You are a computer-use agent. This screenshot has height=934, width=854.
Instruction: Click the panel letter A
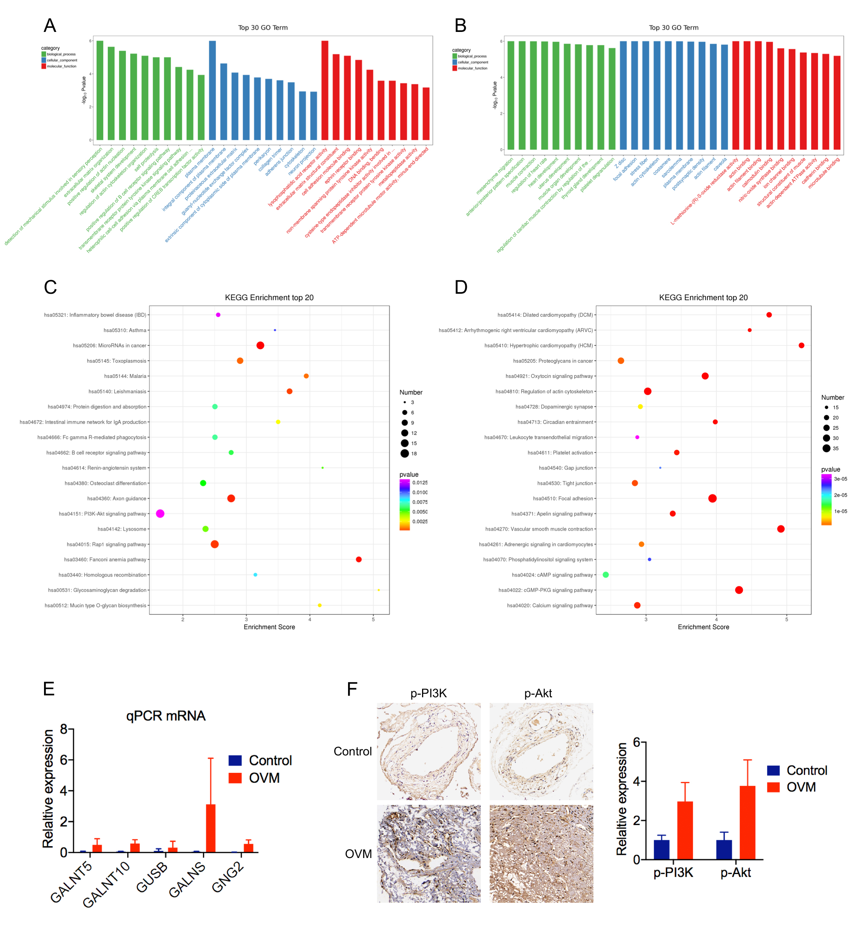coord(50,25)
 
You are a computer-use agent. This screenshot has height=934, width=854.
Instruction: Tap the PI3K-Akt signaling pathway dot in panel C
coord(160,513)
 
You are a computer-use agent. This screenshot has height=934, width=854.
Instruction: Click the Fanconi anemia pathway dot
coord(359,559)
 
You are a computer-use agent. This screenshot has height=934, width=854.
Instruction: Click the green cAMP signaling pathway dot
coord(605,575)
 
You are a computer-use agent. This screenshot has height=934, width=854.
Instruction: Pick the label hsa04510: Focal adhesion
coord(563,499)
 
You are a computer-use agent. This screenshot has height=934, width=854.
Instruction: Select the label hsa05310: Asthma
coord(125,330)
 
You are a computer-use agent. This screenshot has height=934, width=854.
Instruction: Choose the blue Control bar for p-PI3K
coord(662,849)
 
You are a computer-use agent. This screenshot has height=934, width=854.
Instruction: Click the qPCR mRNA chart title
coord(166,716)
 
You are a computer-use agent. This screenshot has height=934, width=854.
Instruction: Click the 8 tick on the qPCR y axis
coord(64,729)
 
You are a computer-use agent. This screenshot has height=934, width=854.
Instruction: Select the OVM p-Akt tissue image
coord(541,853)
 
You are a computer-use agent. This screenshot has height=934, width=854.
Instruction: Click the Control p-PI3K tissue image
coord(429,752)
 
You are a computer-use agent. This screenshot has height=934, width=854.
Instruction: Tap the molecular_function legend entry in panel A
coord(61,66)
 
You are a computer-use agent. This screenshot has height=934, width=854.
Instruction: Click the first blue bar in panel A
coord(213,90)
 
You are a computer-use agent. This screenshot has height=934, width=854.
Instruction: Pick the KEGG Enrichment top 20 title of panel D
coord(703,298)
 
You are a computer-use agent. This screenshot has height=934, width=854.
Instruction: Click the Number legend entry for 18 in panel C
coord(410,454)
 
